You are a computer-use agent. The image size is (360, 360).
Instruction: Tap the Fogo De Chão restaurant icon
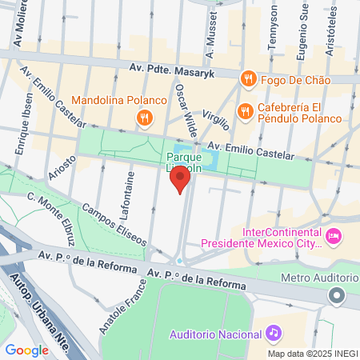pos(248,79)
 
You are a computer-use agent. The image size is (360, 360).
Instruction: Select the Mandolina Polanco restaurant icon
pos(144,118)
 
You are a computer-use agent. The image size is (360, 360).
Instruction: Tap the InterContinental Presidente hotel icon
pos(334,235)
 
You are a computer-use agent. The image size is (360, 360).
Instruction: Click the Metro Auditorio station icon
pos(337,296)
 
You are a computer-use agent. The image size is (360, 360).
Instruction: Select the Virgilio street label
pos(216,120)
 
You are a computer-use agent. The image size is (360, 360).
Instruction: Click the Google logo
pos(26,350)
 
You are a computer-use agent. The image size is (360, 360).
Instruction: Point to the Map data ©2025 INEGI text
pos(312,353)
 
